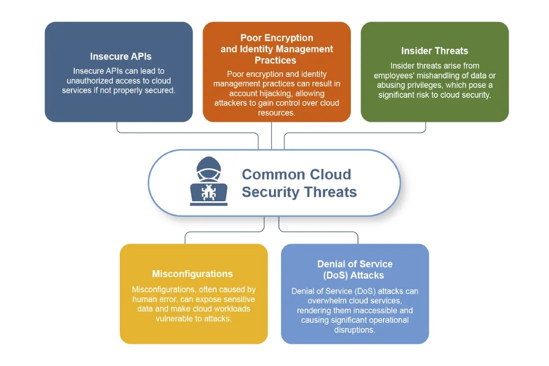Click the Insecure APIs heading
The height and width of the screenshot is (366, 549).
[121, 56]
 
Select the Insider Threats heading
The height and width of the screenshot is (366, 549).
[434, 50]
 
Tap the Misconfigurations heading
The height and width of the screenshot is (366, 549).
[192, 274]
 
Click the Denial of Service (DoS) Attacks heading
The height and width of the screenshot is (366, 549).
[355, 269]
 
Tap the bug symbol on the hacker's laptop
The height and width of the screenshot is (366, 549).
[209, 192]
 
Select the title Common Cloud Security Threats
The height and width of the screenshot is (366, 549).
[298, 183]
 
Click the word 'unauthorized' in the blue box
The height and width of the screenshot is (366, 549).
[89, 80]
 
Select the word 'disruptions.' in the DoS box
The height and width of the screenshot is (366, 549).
[355, 330]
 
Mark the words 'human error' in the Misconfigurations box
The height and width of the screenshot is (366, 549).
[154, 299]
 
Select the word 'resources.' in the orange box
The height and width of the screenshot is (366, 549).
[276, 112]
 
